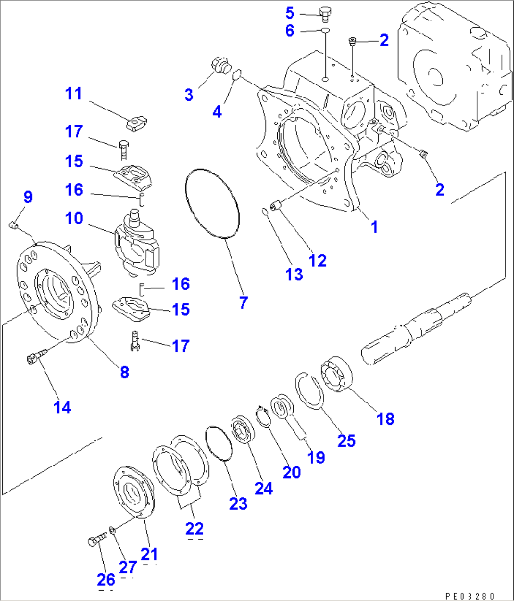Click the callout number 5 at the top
pos(290,13)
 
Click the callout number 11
pos(74,93)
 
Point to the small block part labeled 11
pos(136,123)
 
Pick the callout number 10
pos(74,218)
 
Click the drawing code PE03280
pos(469,595)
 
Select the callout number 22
pos(194,528)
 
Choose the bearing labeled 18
pos(337,374)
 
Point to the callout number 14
pos(62,407)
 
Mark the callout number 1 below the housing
pos(374,227)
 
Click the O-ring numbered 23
pos(219,443)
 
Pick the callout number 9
pos(28,197)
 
